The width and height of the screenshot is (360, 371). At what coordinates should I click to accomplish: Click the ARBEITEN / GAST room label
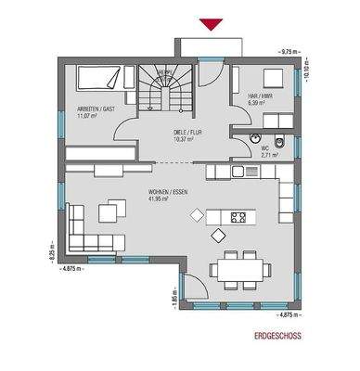coord(95,109)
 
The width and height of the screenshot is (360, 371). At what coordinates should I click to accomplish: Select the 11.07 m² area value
coord(89,116)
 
